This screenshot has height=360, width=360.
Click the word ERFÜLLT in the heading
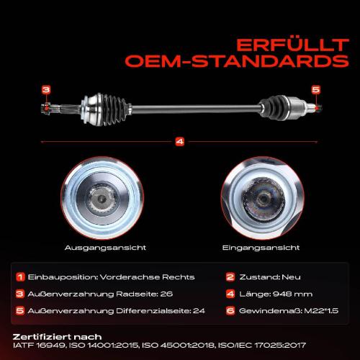point(292,45)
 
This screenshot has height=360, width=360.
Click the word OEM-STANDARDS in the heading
point(237,61)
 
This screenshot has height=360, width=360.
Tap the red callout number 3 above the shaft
point(46,90)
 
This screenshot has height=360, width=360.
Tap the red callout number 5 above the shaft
point(316,89)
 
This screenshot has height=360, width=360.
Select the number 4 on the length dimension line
point(180,141)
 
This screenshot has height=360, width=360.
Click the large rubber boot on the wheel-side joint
point(117,108)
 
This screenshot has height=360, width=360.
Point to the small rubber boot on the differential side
point(274,107)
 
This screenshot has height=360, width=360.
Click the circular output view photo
point(102,198)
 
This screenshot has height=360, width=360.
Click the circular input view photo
point(262,198)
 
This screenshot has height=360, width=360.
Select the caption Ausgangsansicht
point(105,248)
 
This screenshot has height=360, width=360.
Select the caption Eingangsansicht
point(261,248)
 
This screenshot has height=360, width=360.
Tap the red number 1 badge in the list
point(20,277)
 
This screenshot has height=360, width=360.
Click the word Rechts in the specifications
point(179,277)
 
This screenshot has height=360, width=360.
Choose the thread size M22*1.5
point(321,311)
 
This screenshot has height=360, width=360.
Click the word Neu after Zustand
point(291,277)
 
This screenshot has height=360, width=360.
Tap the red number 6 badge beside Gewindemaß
point(230,311)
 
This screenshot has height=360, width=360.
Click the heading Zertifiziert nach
point(57,337)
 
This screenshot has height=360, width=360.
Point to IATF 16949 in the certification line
point(39,346)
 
